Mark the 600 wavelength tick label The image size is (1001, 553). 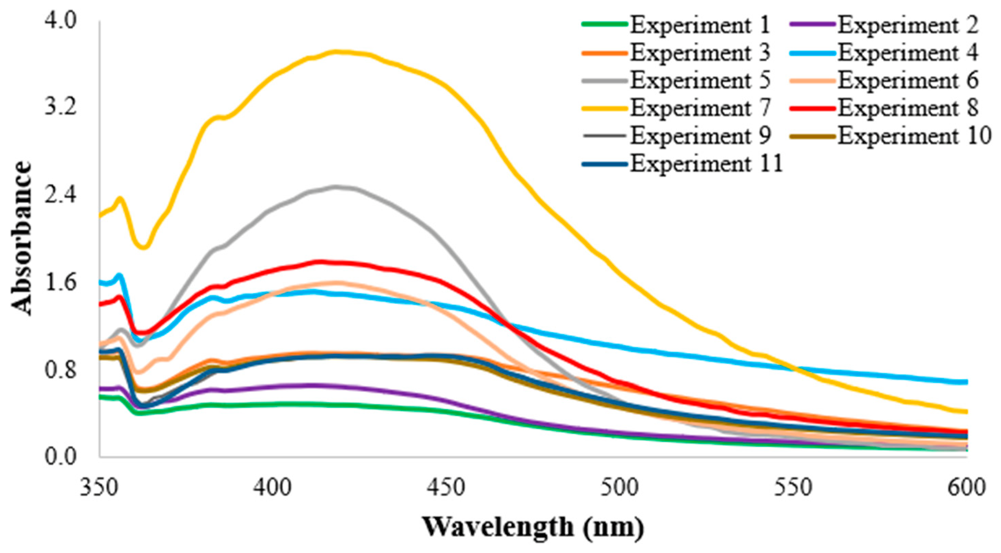[x=967, y=487]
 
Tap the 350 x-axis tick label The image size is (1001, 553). [x=99, y=487]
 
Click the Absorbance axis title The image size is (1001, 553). [x=20, y=238]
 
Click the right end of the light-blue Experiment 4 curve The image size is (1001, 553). [x=967, y=382]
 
